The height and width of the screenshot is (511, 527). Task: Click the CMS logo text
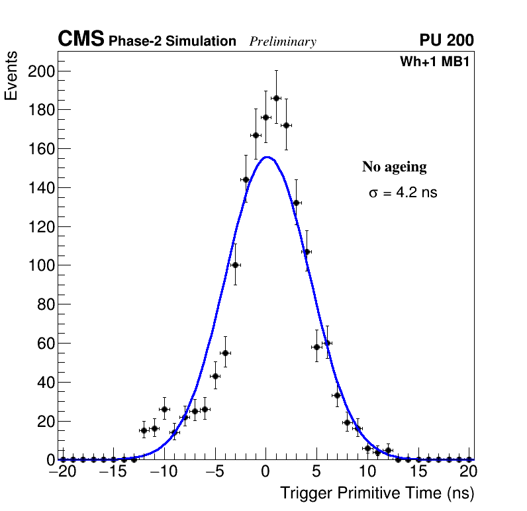click(81, 40)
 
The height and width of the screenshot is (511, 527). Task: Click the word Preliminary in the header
click(283, 42)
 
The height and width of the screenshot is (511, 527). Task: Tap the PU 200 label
click(446, 40)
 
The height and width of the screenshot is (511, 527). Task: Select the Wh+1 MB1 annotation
click(434, 62)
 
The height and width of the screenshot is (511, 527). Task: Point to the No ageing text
click(394, 167)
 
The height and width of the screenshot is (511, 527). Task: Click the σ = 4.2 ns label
click(403, 193)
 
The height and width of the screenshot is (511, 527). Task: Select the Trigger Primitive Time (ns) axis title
click(377, 493)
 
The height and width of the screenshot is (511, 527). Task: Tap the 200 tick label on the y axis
click(40, 71)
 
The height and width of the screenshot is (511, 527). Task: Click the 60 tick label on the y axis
click(44, 343)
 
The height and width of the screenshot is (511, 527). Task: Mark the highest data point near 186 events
click(276, 98)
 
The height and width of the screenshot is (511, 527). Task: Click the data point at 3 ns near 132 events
click(296, 203)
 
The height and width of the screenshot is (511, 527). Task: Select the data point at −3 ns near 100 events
click(235, 265)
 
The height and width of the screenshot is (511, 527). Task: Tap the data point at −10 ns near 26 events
click(164, 409)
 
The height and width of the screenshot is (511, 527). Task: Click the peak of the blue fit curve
click(266, 157)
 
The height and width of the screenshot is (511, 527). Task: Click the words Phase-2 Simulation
click(172, 42)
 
